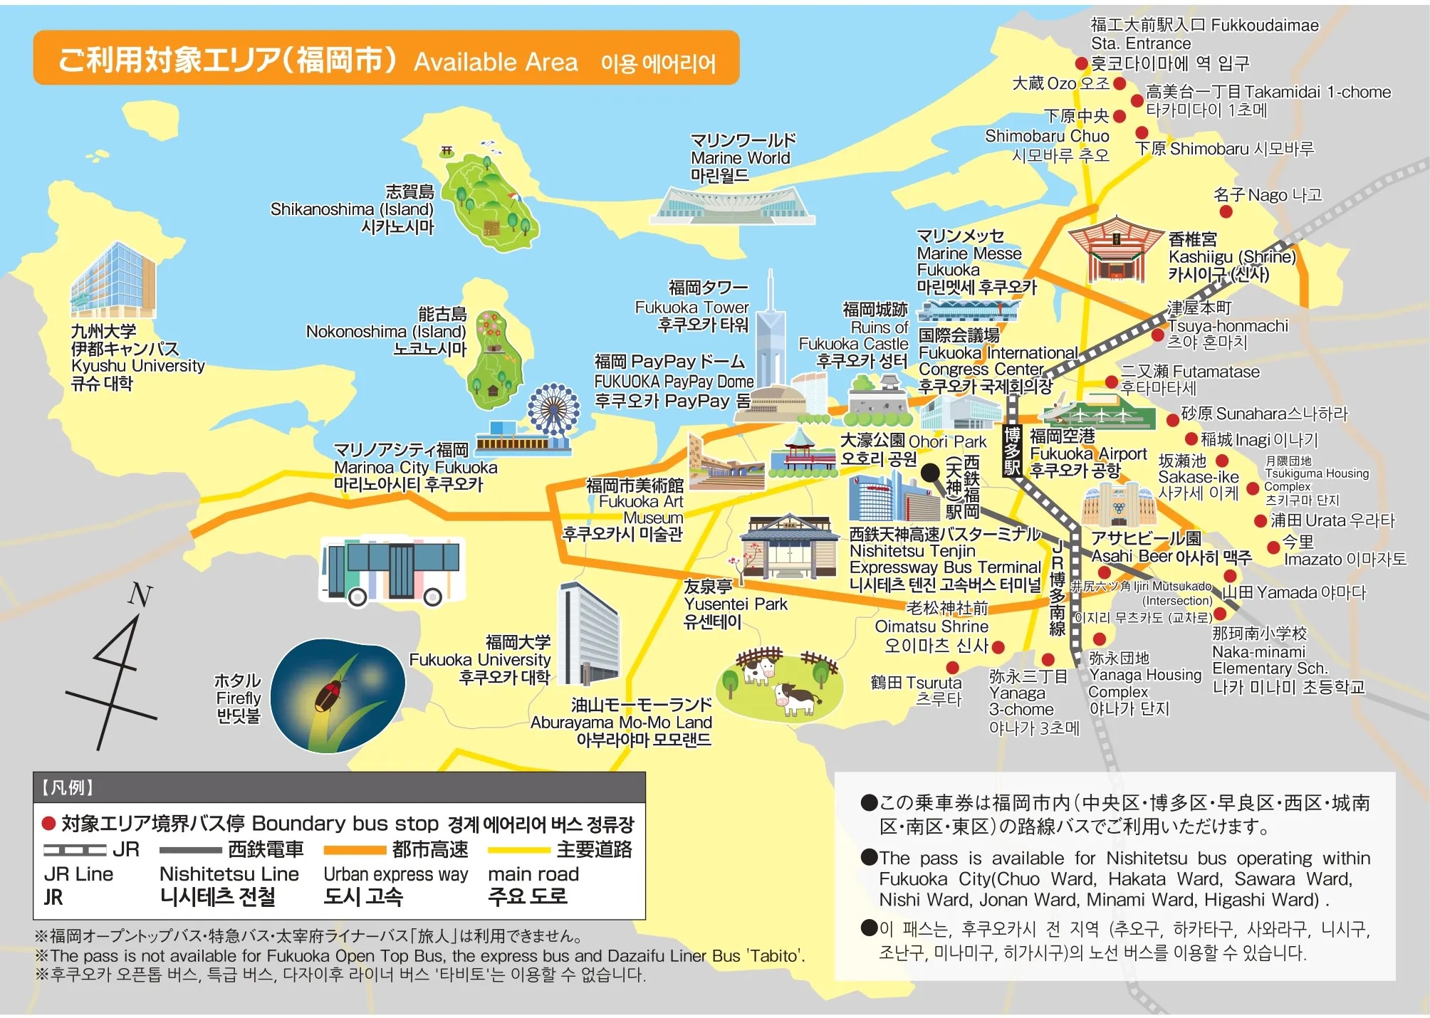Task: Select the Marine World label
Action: pos(742,157)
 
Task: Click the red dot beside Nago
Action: pos(1226,211)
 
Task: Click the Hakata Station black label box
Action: pos(1012,450)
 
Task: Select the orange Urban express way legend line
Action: pos(354,850)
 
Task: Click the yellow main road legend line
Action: pos(518,850)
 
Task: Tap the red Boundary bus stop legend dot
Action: pos(49,824)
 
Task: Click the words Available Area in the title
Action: pos(496,63)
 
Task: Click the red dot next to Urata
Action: pos(1260,521)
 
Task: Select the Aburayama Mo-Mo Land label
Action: pos(621,723)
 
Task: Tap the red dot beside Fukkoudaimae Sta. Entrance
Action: pos(1081,63)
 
